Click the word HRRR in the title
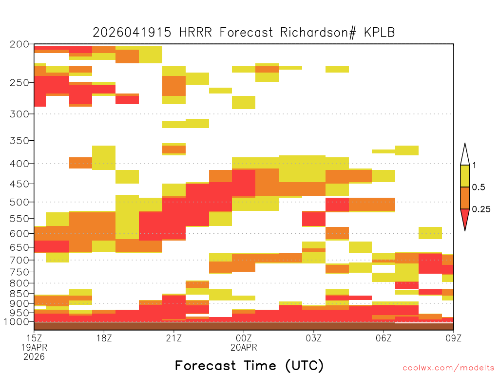click(195, 33)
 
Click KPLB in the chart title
click(379, 33)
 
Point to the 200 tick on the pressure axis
click(19, 44)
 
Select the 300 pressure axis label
click(19, 114)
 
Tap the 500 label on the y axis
click(19, 202)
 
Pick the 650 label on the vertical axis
click(19, 247)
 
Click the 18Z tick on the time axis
click(104, 338)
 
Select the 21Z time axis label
click(174, 338)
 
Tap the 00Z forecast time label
click(244, 338)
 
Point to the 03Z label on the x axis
click(314, 338)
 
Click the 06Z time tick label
click(384, 338)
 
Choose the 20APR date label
click(244, 348)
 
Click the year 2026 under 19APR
click(34, 357)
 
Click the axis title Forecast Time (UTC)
click(249, 365)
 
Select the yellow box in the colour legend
click(465, 176)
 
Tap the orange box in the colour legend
click(465, 198)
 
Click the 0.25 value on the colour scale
click(481, 209)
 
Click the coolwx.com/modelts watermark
click(449, 368)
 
